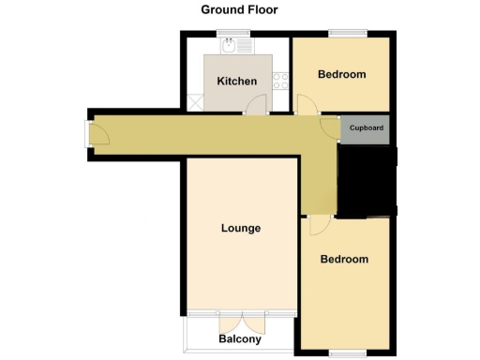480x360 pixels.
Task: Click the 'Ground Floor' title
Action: [x=239, y=10]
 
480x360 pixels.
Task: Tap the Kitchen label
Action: [x=236, y=82]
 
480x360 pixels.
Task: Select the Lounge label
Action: [x=241, y=228]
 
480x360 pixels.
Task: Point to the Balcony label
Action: [x=240, y=338]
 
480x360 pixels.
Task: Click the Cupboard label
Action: [x=366, y=128]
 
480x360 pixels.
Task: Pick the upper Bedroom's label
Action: [x=341, y=74]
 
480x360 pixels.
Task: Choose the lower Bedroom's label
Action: [x=344, y=259]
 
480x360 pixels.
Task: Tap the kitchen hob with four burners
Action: [x=279, y=82]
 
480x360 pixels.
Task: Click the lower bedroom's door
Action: [x=317, y=225]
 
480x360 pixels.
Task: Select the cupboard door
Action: [x=330, y=128]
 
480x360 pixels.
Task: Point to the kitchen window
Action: [x=234, y=35]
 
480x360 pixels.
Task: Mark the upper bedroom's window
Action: [x=341, y=36]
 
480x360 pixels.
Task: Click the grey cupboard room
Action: [x=366, y=131]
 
